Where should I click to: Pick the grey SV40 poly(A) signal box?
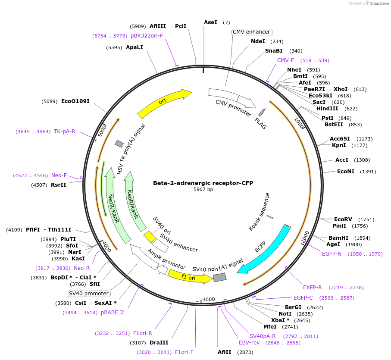click(219, 278)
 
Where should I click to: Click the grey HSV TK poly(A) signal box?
click(119, 144)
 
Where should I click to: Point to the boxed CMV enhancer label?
click(251, 32)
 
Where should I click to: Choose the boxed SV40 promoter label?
click(89, 294)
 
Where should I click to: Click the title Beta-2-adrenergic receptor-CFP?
click(203, 183)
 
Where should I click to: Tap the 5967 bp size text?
click(203, 189)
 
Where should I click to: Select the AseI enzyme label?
click(210, 22)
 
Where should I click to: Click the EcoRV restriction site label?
click(343, 219)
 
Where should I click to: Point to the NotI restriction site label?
click(285, 314)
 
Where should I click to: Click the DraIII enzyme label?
click(159, 343)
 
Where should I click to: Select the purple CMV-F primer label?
click(285, 60)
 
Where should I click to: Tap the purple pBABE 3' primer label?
click(113, 313)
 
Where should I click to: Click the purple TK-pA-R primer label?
click(64, 131)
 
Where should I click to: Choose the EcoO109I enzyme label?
click(75, 101)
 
